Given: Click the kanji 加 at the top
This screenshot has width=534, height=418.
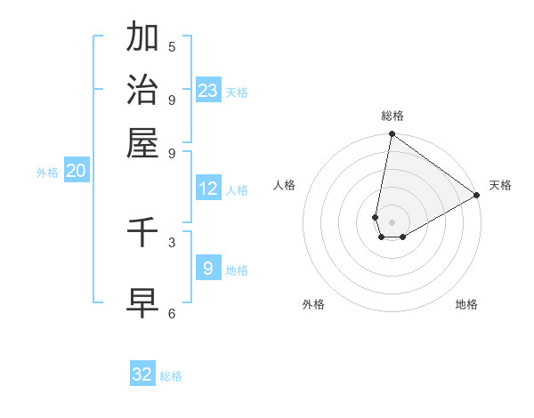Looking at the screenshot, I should click(x=142, y=37).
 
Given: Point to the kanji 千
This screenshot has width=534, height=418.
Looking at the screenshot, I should click(x=142, y=232).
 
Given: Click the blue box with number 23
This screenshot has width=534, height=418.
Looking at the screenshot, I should click(x=207, y=91).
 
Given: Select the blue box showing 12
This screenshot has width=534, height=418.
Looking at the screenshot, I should click(x=207, y=189).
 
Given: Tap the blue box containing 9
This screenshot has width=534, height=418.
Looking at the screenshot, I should click(x=207, y=268).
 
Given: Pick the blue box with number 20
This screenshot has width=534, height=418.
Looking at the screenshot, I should click(x=76, y=172).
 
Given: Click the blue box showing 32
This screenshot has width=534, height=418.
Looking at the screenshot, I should click(x=142, y=374).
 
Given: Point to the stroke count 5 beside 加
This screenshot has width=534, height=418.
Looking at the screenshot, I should click(x=172, y=47).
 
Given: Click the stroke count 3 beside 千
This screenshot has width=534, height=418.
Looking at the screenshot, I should click(x=172, y=242).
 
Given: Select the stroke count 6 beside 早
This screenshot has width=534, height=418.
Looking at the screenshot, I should click(x=172, y=313).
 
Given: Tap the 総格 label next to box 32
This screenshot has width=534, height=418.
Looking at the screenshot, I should click(x=171, y=376).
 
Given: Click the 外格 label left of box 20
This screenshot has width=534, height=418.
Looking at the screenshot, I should click(x=46, y=173).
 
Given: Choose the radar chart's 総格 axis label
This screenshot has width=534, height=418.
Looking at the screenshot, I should click(x=392, y=116).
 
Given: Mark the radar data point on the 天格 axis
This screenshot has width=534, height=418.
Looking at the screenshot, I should click(x=477, y=196).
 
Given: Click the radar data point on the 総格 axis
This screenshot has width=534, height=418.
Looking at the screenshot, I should click(x=392, y=135).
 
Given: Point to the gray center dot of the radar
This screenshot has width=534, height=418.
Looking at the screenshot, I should click(x=392, y=222).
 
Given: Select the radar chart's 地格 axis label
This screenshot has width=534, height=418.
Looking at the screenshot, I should click(x=466, y=304).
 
